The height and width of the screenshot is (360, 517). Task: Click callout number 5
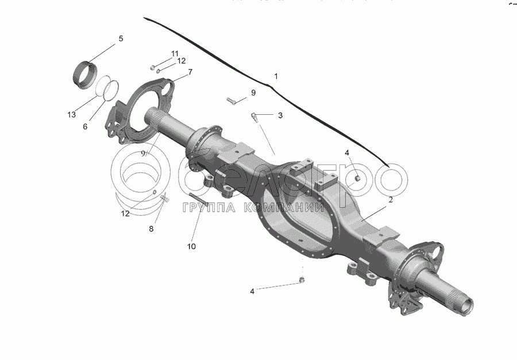click(x=121, y=39)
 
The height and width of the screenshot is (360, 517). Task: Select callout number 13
click(x=71, y=115)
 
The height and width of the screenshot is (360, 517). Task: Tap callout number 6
click(x=85, y=126)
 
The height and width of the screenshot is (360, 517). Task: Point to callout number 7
click(x=190, y=72)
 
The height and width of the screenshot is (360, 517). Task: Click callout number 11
click(x=175, y=53)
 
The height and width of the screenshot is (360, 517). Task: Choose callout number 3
click(x=280, y=115)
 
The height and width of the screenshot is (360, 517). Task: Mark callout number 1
click(x=276, y=76)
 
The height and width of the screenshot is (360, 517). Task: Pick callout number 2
click(x=390, y=200)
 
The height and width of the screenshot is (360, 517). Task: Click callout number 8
click(x=152, y=229)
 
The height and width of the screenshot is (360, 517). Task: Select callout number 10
click(x=191, y=246)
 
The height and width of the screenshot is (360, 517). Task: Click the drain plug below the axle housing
click(x=302, y=280)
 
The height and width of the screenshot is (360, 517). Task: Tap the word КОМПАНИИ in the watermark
click(x=281, y=208)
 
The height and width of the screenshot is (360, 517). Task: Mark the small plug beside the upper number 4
click(x=357, y=177)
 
